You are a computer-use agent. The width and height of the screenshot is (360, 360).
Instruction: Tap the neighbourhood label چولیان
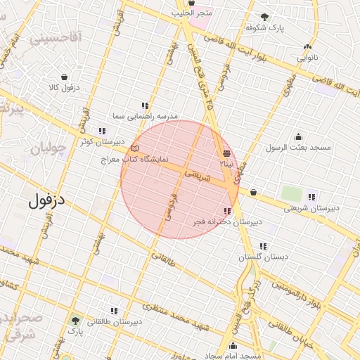[49, 149]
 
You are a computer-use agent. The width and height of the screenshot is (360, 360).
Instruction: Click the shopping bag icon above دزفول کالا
[65, 77]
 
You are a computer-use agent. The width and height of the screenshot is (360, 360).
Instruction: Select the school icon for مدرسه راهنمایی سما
[145, 105]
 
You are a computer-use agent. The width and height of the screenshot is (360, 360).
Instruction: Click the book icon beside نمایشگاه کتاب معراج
[135, 148]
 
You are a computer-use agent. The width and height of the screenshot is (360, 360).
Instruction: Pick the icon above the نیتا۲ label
[226, 153]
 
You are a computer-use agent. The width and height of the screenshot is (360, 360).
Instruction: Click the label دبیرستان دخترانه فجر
[228, 222]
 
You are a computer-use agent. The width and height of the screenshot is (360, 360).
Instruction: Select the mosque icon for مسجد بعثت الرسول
[298, 136]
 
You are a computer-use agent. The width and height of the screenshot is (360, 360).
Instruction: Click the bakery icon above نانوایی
[308, 46]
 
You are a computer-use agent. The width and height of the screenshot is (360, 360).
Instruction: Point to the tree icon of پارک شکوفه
[264, 17]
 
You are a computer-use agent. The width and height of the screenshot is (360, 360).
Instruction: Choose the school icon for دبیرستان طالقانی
[114, 311]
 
